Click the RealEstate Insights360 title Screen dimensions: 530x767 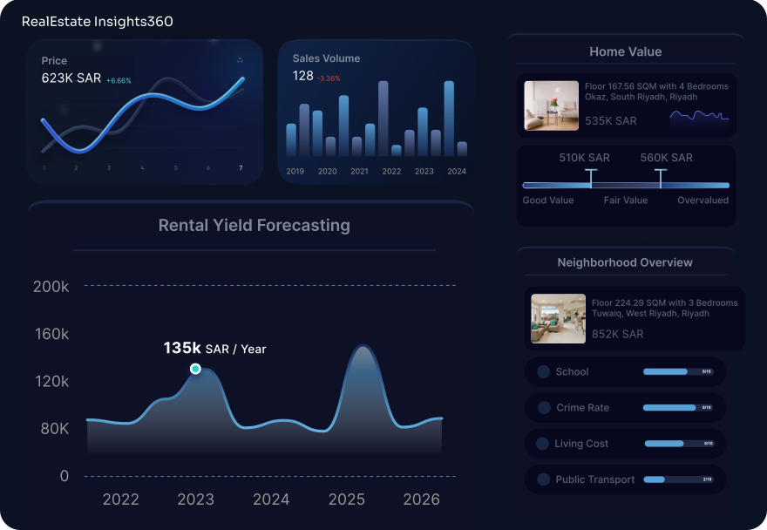[x=97, y=21]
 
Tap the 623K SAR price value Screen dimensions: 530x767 [x=71, y=78]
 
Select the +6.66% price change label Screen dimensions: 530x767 [x=119, y=80]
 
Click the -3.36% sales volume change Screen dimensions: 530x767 [x=329, y=78]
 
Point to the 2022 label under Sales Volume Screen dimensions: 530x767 [x=391, y=172]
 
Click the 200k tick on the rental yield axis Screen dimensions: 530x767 [x=51, y=286]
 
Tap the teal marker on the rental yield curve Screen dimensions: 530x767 [x=195, y=369]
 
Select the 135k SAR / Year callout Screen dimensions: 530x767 [x=214, y=349]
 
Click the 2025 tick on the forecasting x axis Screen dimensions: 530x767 [x=347, y=499]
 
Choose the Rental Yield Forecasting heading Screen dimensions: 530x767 [x=254, y=225]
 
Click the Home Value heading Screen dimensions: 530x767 [x=625, y=51]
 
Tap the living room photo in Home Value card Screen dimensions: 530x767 [x=551, y=105]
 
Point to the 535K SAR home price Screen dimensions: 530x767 [x=610, y=121]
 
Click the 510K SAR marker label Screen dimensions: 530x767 [x=584, y=158]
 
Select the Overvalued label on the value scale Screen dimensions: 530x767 [x=703, y=200]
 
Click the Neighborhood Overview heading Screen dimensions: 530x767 [x=625, y=262]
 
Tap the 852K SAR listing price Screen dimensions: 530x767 [x=617, y=334]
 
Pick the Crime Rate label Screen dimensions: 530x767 [x=582, y=407]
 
